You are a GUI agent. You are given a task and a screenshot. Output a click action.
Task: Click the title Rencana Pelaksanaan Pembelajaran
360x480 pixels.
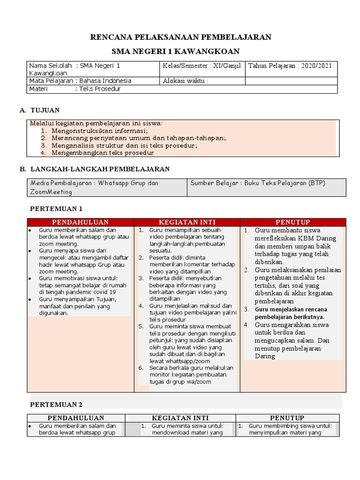click(x=180, y=37)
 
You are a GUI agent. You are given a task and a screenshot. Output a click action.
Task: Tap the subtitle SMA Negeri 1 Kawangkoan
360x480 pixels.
click(x=180, y=51)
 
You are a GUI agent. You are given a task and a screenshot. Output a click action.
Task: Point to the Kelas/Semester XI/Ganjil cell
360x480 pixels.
click(x=202, y=66)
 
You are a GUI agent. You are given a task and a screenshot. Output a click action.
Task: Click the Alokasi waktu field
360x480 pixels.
click(x=185, y=81)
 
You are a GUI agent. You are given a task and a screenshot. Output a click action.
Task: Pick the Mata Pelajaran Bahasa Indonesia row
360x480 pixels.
click(x=80, y=81)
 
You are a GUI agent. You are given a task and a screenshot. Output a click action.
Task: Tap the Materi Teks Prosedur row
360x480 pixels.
click(x=75, y=89)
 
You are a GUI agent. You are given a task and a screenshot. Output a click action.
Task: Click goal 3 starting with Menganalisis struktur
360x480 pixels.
click(x=124, y=145)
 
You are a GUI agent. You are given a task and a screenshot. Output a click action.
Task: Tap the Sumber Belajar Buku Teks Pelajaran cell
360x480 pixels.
click(x=257, y=183)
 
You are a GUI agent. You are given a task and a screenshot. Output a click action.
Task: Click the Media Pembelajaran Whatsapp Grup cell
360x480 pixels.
click(x=94, y=187)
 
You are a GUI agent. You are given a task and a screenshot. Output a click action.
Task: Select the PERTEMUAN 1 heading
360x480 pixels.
click(x=56, y=209)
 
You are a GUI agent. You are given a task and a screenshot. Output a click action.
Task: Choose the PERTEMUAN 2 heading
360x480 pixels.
click(x=56, y=404)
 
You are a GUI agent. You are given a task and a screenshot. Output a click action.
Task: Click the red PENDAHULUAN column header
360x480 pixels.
click(x=80, y=222)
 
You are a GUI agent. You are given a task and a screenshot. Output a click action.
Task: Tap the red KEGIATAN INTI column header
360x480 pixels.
click(x=187, y=222)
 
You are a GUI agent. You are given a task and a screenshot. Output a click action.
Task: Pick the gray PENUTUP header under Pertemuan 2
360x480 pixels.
click(x=287, y=418)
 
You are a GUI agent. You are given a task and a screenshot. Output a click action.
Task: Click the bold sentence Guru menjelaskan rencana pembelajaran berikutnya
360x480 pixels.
click(x=291, y=313)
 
